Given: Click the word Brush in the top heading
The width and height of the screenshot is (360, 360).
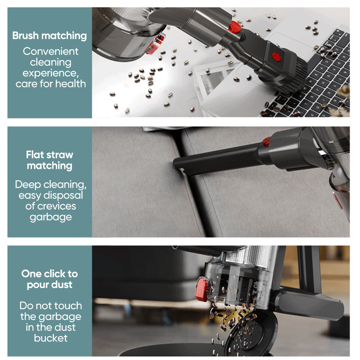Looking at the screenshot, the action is pos(26,36).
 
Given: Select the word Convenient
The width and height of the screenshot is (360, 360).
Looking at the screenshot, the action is pos(50,51).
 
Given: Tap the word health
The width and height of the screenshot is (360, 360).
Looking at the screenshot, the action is pos(71,84).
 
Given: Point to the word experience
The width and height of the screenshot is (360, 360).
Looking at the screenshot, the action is pos(50,73).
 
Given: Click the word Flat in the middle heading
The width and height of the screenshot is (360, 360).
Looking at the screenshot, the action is pos(35,155).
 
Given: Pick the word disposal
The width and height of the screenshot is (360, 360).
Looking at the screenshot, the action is pos(63,196).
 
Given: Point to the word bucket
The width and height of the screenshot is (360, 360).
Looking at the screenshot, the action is pos(51,338).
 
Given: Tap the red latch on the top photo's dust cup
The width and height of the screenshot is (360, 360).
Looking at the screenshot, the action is pos(156,44).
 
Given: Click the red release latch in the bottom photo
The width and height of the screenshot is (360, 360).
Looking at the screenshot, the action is pos(202,289).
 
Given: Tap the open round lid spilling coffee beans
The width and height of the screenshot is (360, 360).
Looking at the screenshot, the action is pos(252,333).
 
